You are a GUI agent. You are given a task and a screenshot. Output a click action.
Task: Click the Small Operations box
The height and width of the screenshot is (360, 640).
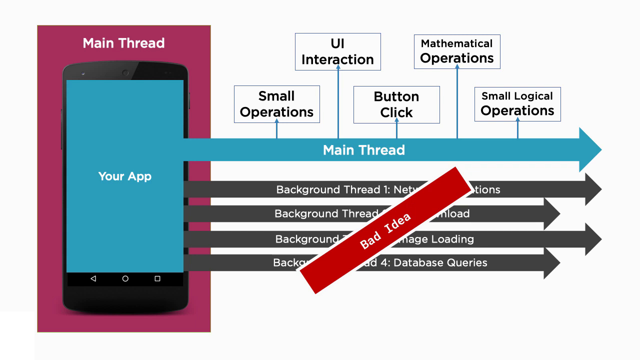click(x=276, y=104)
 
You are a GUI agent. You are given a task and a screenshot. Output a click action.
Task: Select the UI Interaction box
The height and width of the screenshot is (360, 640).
click(x=337, y=51)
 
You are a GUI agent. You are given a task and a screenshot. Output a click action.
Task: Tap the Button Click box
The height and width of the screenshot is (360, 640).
click(x=396, y=104)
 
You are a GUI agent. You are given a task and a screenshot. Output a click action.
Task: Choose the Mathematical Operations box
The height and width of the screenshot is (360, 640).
click(x=457, y=51)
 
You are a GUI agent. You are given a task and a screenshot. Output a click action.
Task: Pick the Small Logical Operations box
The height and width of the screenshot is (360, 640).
click(x=517, y=104)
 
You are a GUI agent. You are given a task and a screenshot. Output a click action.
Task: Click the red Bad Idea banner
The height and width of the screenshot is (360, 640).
click(x=385, y=230)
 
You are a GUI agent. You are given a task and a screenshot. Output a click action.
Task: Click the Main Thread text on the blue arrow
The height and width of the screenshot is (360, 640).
click(x=363, y=150)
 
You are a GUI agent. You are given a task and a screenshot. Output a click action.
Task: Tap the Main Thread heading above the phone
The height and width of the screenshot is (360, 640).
click(x=123, y=43)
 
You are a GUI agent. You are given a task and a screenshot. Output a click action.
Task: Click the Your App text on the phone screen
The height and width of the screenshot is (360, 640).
click(x=124, y=176)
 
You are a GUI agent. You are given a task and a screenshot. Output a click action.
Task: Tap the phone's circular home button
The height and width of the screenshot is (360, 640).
click(x=125, y=278)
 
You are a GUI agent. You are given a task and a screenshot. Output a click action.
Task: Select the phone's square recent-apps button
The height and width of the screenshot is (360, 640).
click(x=157, y=278)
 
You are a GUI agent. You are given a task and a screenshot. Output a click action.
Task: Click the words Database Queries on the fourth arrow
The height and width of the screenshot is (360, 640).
click(x=440, y=262)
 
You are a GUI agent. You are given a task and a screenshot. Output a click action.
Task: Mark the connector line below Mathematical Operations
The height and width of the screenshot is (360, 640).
click(x=457, y=103)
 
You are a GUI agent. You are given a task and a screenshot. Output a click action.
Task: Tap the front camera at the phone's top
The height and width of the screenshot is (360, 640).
click(x=125, y=73)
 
